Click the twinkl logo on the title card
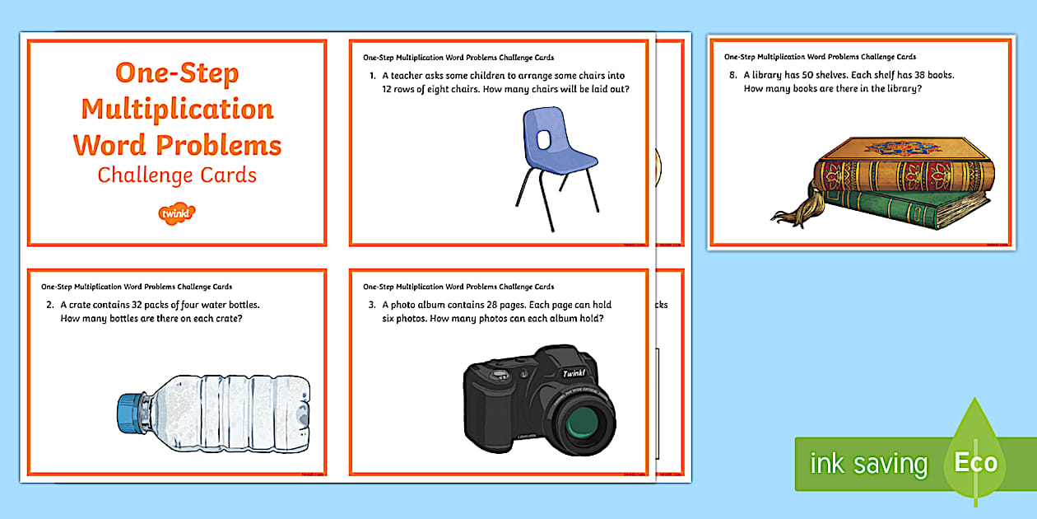(176, 213)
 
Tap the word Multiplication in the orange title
(177, 109)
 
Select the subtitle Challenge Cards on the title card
(177, 175)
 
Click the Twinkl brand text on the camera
(574, 373)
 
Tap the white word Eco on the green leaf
(976, 461)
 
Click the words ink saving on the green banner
(868, 464)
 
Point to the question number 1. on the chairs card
(373, 76)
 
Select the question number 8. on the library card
(733, 75)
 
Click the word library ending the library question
(904, 89)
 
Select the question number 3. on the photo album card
(373, 305)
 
